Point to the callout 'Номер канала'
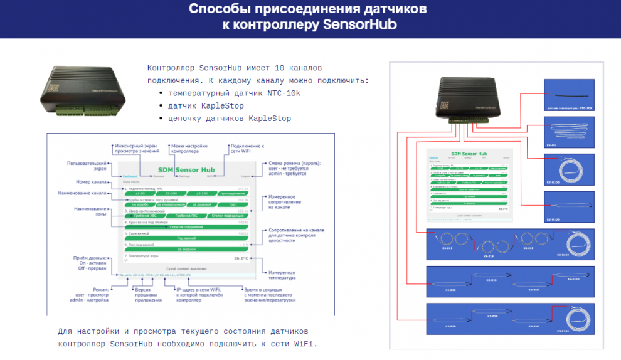click(x=88, y=182)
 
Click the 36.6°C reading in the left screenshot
click(x=241, y=258)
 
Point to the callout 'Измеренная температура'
click(x=282, y=275)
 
